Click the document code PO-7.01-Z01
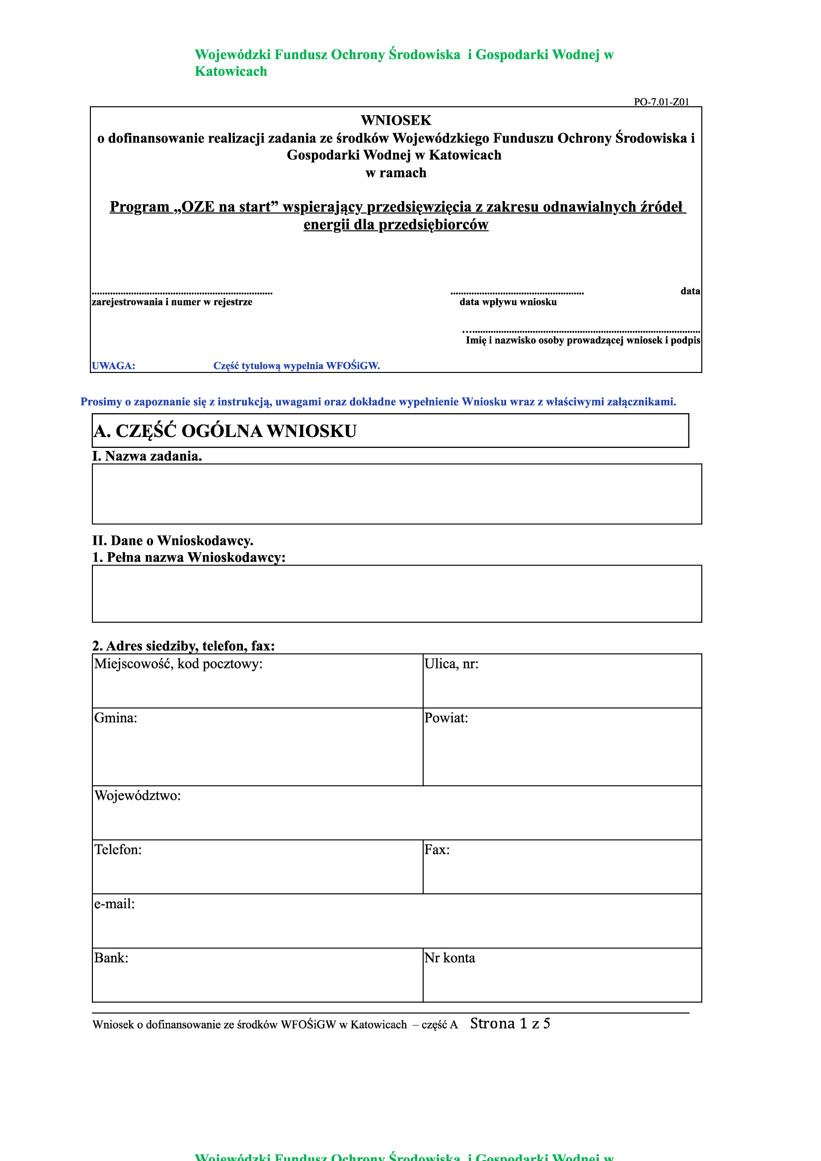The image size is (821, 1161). coord(661,102)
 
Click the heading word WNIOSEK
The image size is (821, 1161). coord(395,120)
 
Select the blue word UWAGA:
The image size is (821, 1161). coord(113,365)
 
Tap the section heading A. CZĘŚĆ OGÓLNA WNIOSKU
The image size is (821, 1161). coord(225,431)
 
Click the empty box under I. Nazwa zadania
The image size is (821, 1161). coord(396,494)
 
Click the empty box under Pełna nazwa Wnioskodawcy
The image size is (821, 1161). coord(396,593)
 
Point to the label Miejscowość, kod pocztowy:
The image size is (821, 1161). coord(178,664)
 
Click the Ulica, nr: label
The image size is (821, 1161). coord(451,664)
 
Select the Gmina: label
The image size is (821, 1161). coord(115,718)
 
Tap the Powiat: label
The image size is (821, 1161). coord(446,718)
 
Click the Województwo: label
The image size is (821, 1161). coord(138,796)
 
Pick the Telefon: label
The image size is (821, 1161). coord(118,850)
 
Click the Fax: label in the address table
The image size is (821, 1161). coord(437,850)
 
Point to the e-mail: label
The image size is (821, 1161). coord(114,904)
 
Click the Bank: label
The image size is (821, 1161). coord(111,958)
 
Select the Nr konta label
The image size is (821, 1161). coord(449,958)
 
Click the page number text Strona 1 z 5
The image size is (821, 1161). coord(510,1023)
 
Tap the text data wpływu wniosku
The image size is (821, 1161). coord(508,302)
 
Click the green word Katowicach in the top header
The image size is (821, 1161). coord(230,72)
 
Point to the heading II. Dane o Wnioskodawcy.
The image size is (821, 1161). coord(172,541)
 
